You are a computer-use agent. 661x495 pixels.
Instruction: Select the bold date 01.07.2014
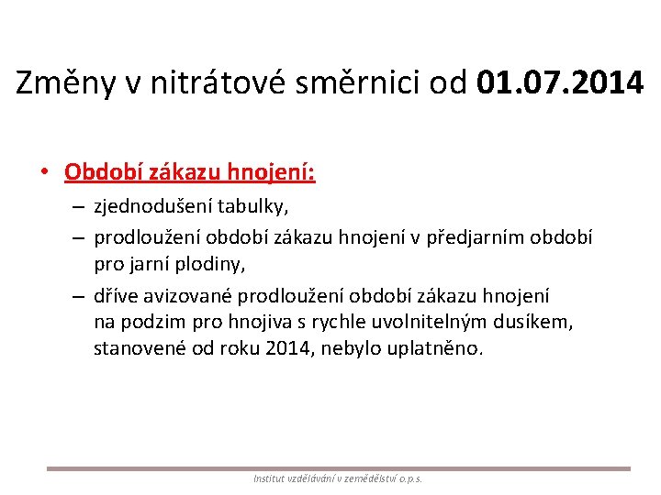[x=560, y=83]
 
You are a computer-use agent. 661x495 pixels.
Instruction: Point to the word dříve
[x=116, y=295]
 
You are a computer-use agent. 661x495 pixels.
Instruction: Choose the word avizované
[x=191, y=295]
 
